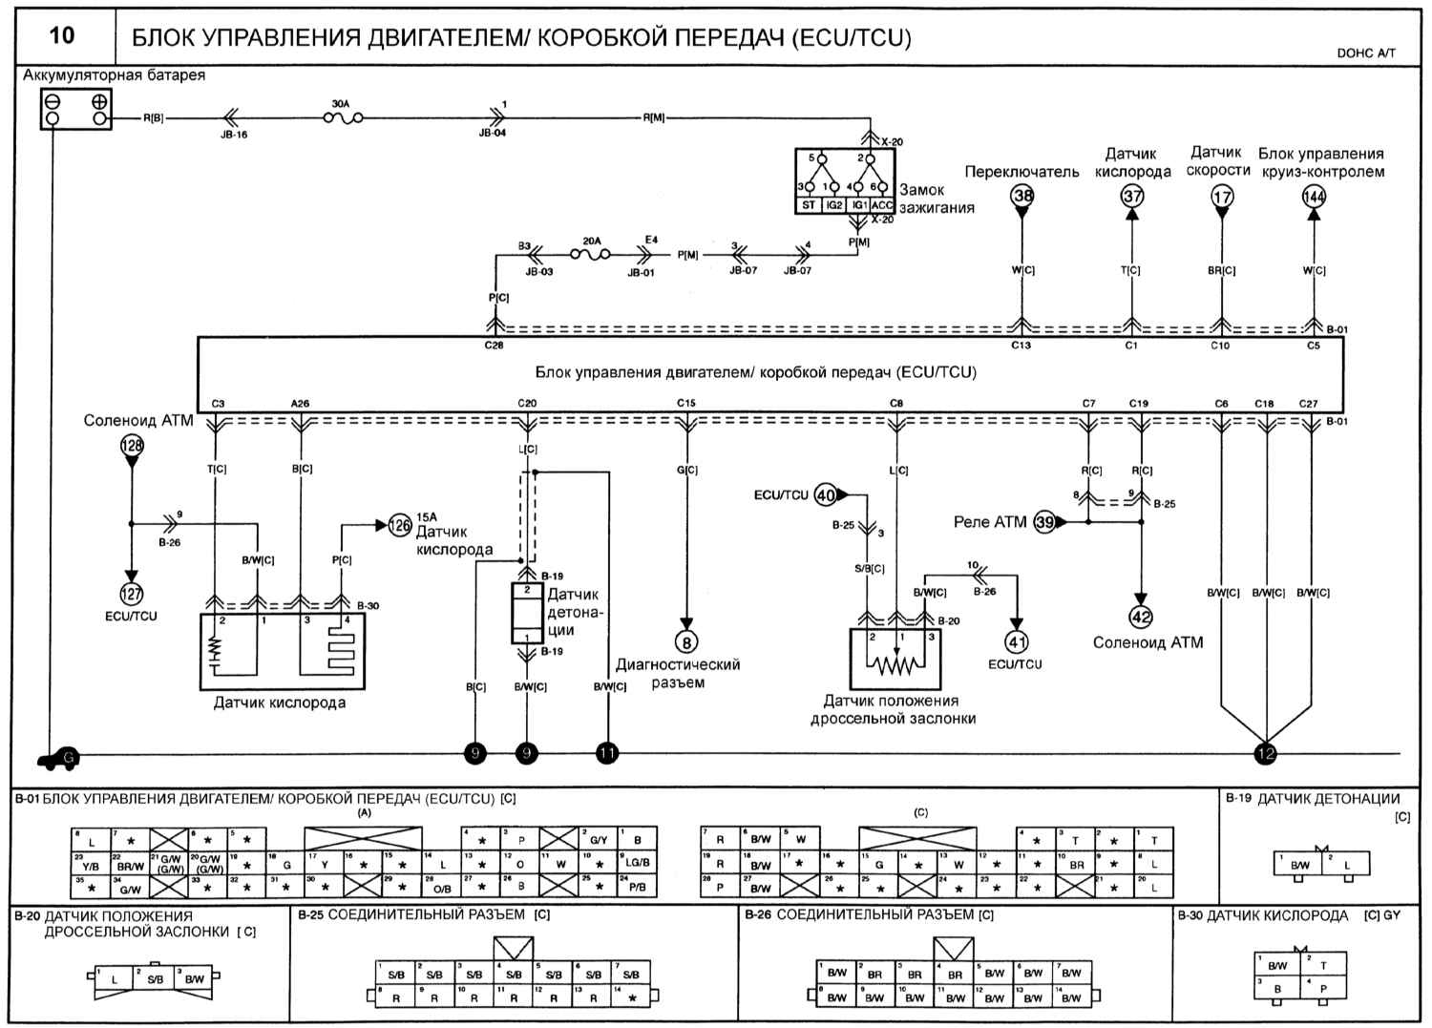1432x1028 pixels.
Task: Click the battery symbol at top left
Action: click(x=75, y=109)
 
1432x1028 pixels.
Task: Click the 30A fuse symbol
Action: click(x=342, y=118)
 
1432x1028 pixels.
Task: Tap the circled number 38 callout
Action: click(x=1022, y=197)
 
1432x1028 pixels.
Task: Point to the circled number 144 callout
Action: click(x=1314, y=197)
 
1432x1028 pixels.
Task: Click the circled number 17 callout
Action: click(x=1221, y=197)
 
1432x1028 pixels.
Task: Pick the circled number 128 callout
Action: click(x=131, y=445)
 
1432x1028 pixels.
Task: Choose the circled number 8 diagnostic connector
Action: click(x=686, y=642)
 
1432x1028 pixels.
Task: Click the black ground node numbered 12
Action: click(x=1266, y=753)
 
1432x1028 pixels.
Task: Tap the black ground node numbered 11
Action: click(x=607, y=753)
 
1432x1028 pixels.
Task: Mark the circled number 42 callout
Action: click(x=1141, y=617)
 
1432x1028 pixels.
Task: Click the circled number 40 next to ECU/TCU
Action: click(x=825, y=495)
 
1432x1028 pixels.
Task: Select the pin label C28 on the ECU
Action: click(x=494, y=346)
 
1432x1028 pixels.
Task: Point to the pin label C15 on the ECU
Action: click(x=685, y=403)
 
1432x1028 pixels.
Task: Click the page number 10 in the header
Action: click(x=61, y=36)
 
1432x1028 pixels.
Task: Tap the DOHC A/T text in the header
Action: click(x=1365, y=53)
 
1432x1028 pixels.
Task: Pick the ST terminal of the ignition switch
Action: click(x=809, y=204)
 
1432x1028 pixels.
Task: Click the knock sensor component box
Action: click(x=526, y=614)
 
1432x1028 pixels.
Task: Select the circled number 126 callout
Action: click(x=400, y=525)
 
